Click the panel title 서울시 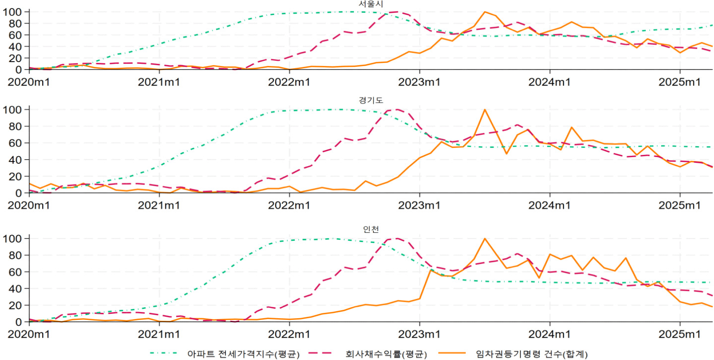371,4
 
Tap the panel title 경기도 371,100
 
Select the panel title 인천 371,229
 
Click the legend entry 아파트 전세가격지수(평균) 243,354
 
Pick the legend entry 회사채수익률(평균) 386,354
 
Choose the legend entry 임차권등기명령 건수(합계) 532,354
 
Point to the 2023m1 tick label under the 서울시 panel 419,82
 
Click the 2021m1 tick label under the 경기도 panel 159,205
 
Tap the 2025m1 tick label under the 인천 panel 679,334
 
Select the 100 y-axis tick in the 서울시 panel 12,12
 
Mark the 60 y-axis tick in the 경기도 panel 15,143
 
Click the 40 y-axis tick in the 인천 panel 15,289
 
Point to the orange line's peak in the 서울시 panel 485,12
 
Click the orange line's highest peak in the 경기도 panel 485,110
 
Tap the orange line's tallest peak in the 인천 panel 485,239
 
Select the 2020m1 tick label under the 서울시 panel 29,82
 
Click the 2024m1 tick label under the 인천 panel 549,334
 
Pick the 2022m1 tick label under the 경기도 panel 289,205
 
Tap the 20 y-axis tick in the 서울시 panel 15,58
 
